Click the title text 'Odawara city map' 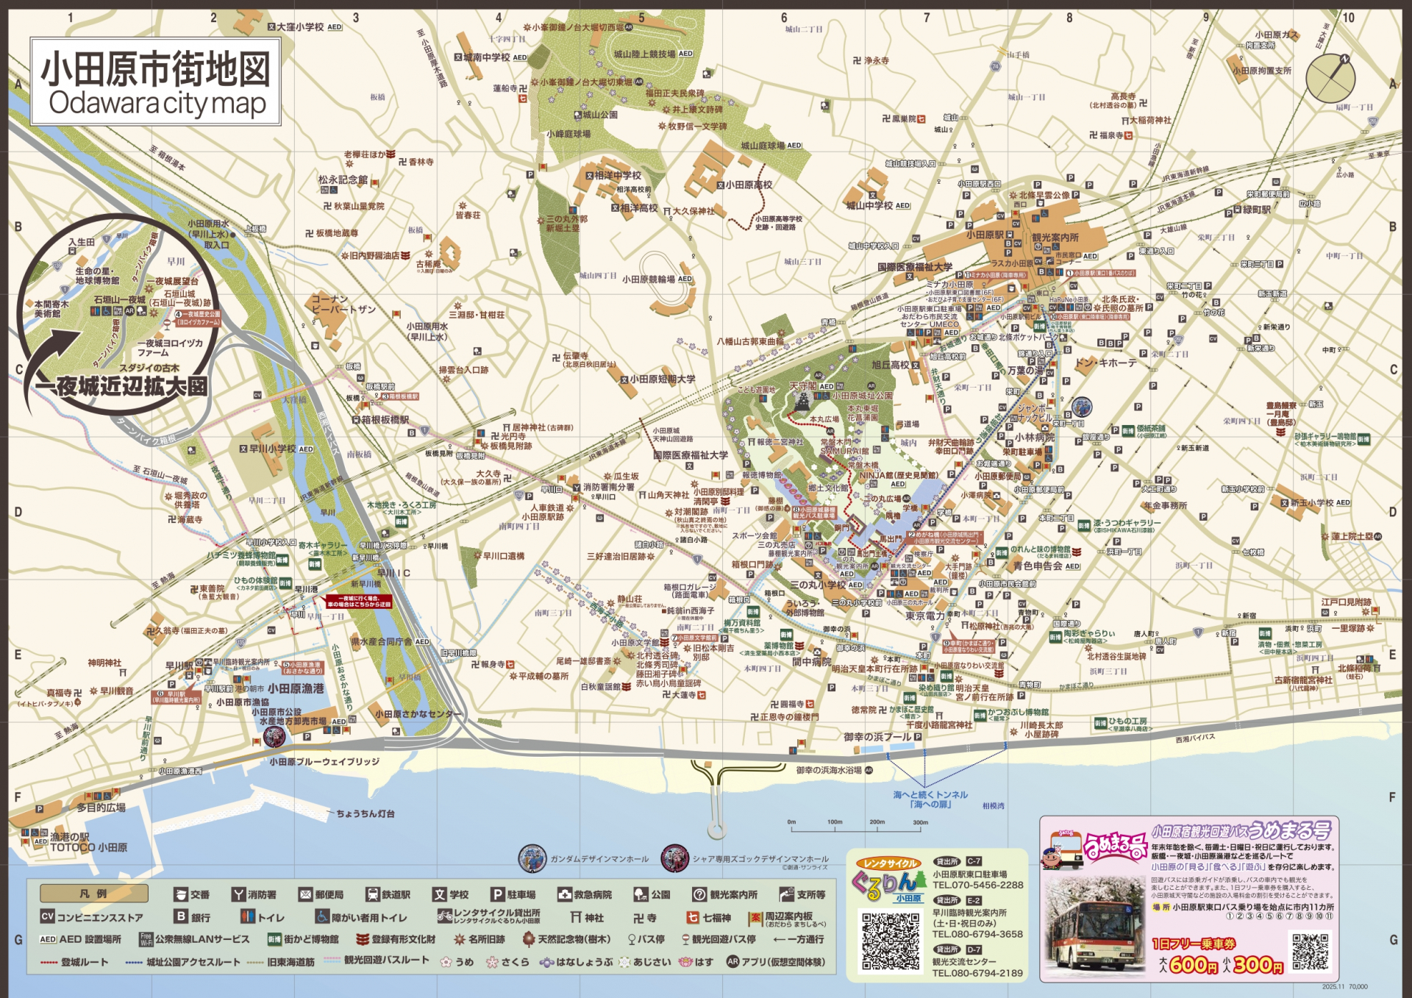[157, 103]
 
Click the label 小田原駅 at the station [985, 235]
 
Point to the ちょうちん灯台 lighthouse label [366, 813]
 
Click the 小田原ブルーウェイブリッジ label [324, 762]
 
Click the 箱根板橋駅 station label [385, 420]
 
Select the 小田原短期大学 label [662, 379]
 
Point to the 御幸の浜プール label [877, 737]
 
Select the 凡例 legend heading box [94, 894]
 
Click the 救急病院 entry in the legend [585, 895]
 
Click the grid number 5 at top [641, 18]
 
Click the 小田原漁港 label [296, 688]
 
